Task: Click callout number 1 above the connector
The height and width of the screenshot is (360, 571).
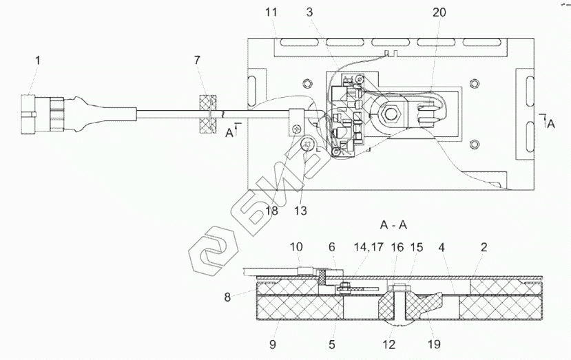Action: pos(38,61)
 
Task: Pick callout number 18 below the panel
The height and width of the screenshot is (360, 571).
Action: pos(272,211)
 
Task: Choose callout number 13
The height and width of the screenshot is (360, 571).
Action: pos(301,211)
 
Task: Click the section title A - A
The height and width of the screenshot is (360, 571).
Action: pos(393,224)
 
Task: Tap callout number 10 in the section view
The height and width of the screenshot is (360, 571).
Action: pos(296,246)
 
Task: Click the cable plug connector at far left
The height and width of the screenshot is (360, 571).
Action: pos(43,114)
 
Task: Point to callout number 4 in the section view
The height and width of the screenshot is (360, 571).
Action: pos(440,246)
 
